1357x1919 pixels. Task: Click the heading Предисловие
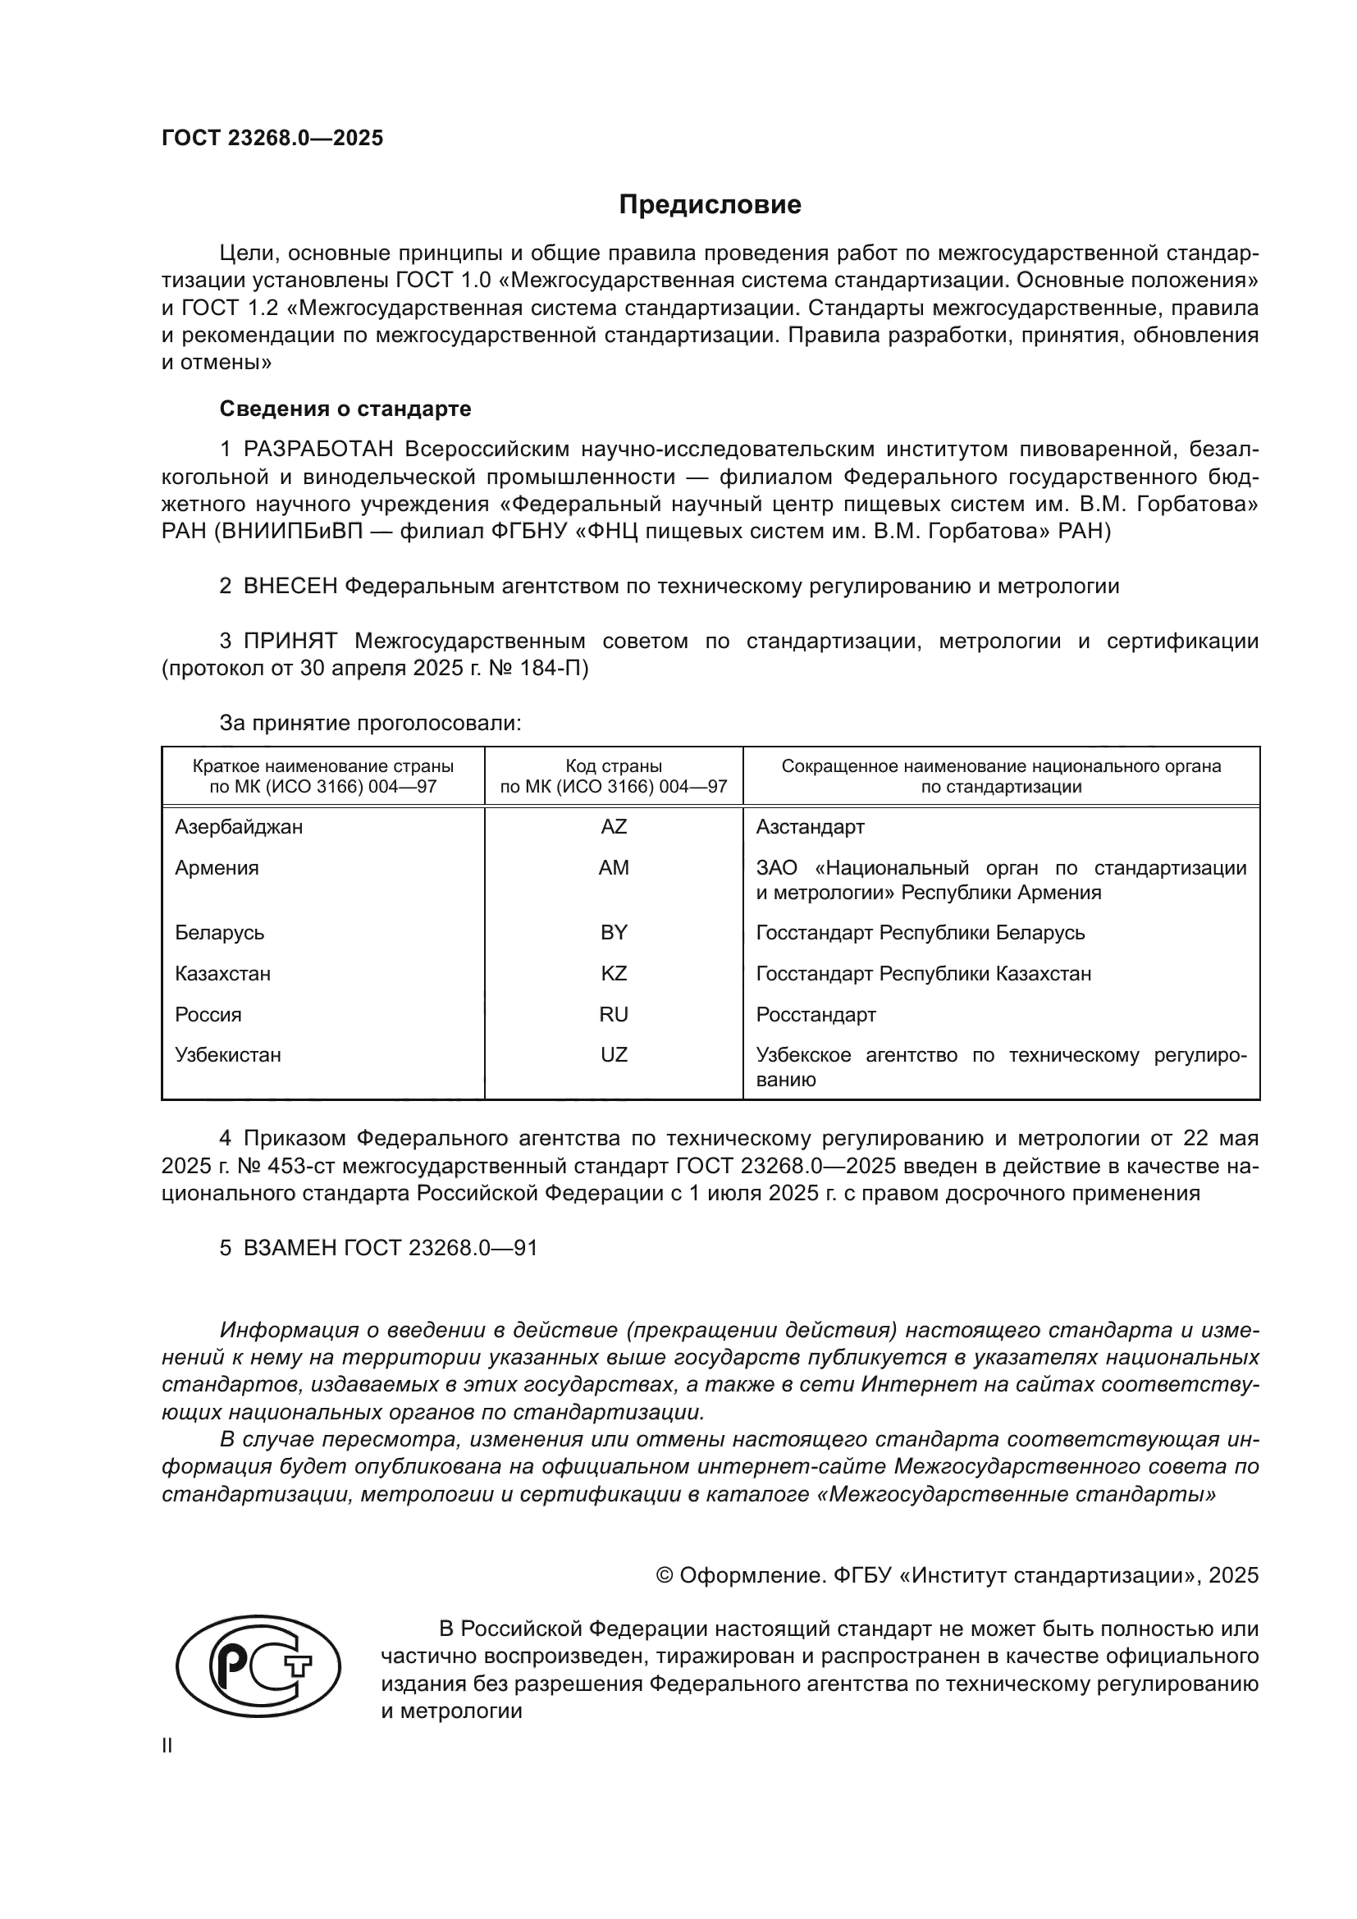710,205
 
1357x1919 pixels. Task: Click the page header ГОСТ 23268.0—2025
272,138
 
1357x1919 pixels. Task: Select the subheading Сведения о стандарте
345,409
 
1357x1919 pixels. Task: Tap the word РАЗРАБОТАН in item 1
318,450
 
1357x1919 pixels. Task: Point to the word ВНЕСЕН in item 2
290,587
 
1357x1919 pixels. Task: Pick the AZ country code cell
614,827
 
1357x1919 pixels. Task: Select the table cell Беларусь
219,932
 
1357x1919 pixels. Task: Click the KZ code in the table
614,974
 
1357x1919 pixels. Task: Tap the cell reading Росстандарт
816,1015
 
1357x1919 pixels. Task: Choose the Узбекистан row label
227,1055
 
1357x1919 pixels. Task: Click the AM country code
614,867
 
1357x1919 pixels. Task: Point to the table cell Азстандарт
810,827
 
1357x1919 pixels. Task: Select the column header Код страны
614,766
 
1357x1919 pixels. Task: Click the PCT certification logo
258,1665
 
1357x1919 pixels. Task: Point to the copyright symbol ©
665,1575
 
